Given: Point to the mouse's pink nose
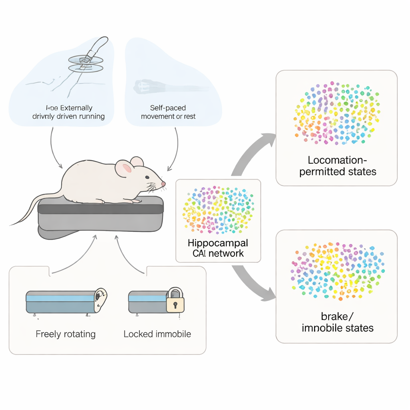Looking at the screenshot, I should pyautogui.click(x=163, y=184).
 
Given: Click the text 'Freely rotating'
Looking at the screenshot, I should pyautogui.click(x=65, y=334).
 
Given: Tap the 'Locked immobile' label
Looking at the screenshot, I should pyautogui.click(x=157, y=334).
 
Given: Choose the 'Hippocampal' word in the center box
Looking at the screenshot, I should pyautogui.click(x=218, y=243).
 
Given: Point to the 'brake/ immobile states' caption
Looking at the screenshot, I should pyautogui.click(x=338, y=322).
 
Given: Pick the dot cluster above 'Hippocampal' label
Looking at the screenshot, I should pyautogui.click(x=218, y=209).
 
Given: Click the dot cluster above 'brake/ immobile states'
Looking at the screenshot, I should pyautogui.click(x=337, y=271).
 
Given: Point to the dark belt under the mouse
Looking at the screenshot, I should pyautogui.click(x=100, y=209).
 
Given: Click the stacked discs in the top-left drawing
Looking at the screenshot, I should pyautogui.click(x=85, y=64).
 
